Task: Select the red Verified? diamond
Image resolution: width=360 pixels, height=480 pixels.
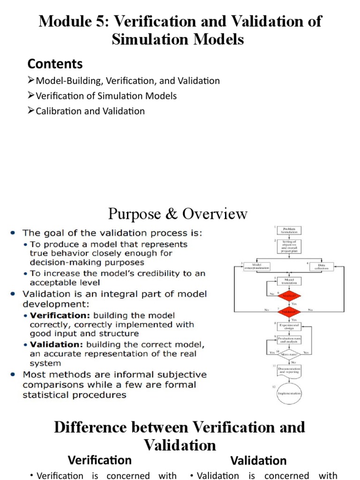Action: pyautogui.click(x=289, y=296)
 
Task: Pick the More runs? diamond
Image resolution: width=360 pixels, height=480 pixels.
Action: pyautogui.click(x=289, y=352)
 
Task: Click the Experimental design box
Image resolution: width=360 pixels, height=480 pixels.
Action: pyautogui.click(x=289, y=327)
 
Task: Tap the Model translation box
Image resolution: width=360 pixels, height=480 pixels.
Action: pyautogui.click(x=289, y=281)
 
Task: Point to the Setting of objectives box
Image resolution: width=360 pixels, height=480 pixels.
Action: pyautogui.click(x=289, y=247)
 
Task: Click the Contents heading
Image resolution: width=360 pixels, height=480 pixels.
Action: pyautogui.click(x=55, y=64)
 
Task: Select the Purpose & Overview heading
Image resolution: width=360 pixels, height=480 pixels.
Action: pyautogui.click(x=178, y=214)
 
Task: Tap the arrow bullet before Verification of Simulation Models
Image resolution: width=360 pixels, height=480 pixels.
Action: pyautogui.click(x=31, y=96)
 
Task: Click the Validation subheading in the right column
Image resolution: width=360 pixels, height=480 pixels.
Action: pyautogui.click(x=258, y=460)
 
